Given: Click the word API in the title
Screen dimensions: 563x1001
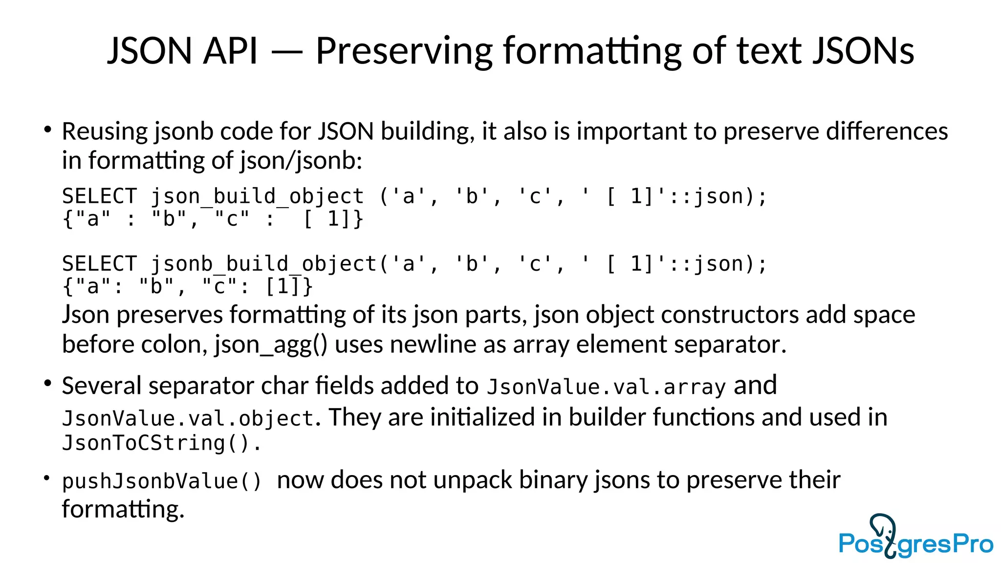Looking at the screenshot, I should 230,51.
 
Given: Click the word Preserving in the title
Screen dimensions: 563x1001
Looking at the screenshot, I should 404,51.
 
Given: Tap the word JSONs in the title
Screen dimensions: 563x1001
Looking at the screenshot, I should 863,51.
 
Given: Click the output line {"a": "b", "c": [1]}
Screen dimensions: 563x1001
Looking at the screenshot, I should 188,286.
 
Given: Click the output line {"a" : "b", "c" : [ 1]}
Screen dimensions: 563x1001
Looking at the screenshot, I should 213,219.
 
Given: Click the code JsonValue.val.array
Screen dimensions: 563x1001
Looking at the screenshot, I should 606,387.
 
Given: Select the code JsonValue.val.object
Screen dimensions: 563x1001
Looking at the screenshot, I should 188,418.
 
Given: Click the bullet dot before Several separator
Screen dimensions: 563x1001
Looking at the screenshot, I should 47,383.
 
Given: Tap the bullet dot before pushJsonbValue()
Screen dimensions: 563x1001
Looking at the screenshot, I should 47,477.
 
